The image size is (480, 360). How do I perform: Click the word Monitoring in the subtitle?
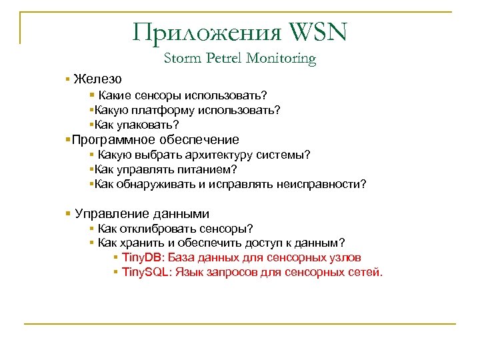(x=281, y=59)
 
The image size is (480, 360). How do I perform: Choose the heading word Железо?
(x=97, y=79)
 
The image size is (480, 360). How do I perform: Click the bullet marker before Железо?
(x=68, y=79)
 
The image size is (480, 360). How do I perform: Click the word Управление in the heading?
(x=113, y=214)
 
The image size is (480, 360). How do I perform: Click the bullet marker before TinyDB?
(x=116, y=258)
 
